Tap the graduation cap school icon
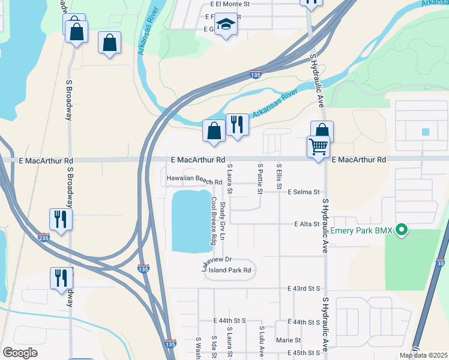226,25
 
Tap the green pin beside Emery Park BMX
403,229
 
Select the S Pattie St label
260,178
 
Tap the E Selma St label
303,192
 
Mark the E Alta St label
306,224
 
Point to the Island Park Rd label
229,270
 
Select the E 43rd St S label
304,289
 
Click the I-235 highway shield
43,237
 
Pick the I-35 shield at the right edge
441,263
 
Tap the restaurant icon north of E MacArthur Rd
237,125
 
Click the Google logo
20,353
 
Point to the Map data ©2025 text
423,355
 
